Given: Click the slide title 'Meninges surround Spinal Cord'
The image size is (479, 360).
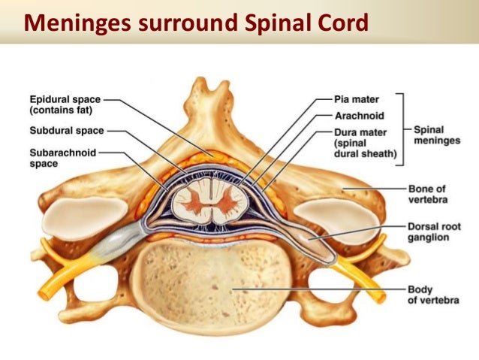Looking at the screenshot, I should (196, 22).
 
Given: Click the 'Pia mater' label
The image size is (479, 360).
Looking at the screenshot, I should (357, 99).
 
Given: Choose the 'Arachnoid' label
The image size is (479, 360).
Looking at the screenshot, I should (359, 116).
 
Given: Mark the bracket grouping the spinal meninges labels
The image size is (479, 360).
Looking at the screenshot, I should (403, 129).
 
